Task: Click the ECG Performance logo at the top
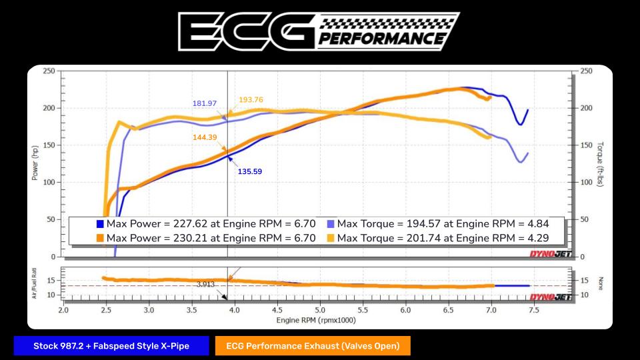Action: (x=319, y=31)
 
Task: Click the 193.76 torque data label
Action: (x=251, y=100)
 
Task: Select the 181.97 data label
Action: (x=205, y=103)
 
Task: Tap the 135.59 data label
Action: (x=250, y=171)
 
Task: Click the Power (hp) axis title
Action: (x=35, y=163)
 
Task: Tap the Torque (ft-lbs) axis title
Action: (x=601, y=163)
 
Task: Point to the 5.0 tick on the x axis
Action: (x=320, y=310)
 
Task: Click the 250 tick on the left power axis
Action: (x=49, y=71)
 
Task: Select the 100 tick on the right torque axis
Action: (x=585, y=182)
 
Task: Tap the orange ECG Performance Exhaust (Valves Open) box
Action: (x=312, y=345)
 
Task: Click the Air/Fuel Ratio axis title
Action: (x=34, y=284)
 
